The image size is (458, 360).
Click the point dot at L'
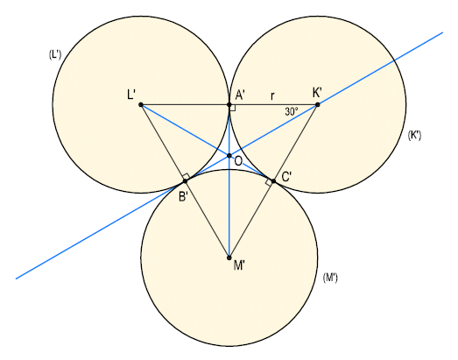(x=141, y=104)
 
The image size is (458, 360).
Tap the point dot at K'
(x=318, y=104)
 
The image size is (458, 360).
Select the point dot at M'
(x=229, y=258)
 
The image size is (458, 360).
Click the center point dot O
(x=229, y=155)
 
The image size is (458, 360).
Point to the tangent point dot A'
(x=229, y=104)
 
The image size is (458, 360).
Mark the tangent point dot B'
(x=185, y=181)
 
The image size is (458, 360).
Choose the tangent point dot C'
(x=273, y=181)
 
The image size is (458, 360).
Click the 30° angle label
(x=292, y=111)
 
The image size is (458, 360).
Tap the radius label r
(x=272, y=95)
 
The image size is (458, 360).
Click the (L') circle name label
(x=55, y=54)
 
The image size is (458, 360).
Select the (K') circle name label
(x=414, y=135)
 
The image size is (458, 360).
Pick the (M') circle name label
(x=330, y=277)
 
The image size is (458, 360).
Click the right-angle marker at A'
(x=233, y=108)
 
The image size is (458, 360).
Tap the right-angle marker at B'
(x=186, y=176)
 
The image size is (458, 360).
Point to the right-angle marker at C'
(x=269, y=182)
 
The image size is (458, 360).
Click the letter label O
(x=238, y=161)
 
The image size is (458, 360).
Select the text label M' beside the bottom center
(x=239, y=265)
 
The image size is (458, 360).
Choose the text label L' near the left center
(x=131, y=95)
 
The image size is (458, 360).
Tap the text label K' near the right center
(x=317, y=93)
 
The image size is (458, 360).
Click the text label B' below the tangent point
(x=183, y=197)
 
